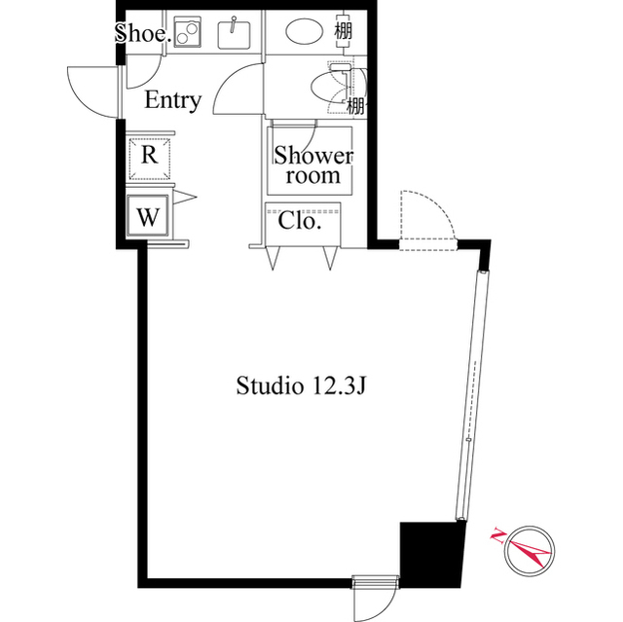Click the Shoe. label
(143, 33)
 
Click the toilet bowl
(332, 86)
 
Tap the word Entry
(173, 99)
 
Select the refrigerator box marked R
(149, 155)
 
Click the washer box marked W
(148, 216)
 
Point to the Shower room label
(312, 165)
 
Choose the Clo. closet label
(300, 221)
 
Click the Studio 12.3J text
(301, 385)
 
